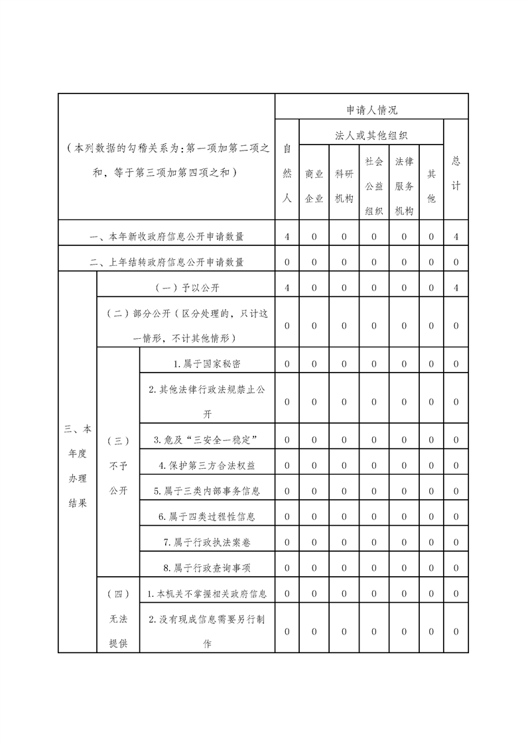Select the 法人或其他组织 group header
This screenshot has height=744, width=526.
point(371,135)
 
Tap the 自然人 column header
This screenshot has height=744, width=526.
point(287,172)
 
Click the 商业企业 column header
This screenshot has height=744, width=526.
point(314,186)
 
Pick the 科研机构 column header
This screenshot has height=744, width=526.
point(344,186)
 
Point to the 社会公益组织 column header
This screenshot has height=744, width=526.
point(374,186)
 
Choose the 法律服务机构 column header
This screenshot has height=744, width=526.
point(404,186)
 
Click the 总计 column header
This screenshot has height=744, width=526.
point(456,172)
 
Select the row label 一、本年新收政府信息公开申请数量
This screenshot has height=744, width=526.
point(166,236)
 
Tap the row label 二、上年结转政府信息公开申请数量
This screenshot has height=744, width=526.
point(166,262)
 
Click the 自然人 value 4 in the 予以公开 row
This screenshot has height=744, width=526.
point(287,287)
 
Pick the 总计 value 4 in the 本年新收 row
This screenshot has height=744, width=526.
point(456,236)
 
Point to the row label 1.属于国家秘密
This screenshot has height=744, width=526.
point(207,363)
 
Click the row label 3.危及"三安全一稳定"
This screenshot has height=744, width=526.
point(207,440)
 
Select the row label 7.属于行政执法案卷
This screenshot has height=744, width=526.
point(207,542)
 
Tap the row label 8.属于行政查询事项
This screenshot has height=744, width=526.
point(207,568)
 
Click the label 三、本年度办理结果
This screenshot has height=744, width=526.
point(77,465)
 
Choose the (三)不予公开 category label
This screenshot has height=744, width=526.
point(118,465)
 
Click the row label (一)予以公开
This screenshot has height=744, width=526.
point(186,287)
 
